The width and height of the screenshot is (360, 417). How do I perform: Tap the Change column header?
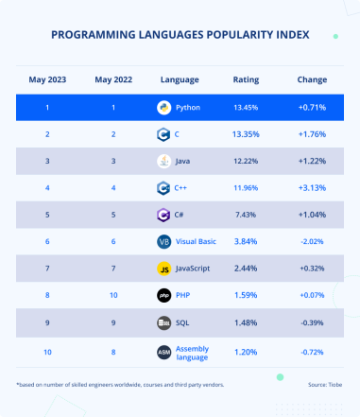(311, 79)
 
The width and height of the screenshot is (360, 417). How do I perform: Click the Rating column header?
(246, 79)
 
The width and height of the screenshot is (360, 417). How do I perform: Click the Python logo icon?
(163, 107)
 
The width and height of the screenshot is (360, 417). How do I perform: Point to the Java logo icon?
(163, 161)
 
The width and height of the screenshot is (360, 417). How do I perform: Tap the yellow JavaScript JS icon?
(163, 269)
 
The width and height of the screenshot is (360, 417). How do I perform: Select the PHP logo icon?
(163, 296)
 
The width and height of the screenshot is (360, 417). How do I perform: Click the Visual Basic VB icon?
(163, 242)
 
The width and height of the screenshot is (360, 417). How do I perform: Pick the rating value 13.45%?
(246, 107)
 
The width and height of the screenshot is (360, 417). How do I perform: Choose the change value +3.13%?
(311, 188)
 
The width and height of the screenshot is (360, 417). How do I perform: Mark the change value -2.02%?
(311, 242)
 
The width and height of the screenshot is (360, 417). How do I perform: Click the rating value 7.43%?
(246, 215)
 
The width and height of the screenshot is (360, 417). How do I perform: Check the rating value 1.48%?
(246, 323)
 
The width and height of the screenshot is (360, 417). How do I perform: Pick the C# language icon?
(163, 215)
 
